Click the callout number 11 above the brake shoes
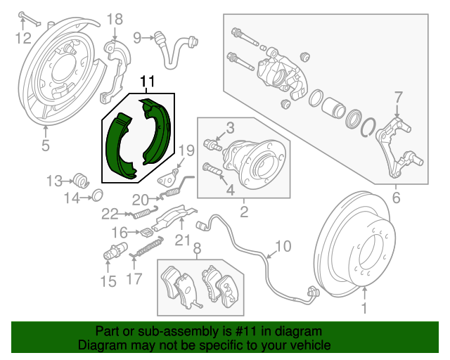tap(147, 82)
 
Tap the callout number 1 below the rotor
tap(364, 307)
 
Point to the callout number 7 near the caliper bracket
tap(397, 96)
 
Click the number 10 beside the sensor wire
tap(282, 246)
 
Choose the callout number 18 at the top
tap(114, 19)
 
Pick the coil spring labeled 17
tap(146, 247)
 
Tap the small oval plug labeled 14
tap(98, 194)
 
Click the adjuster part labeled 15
tap(112, 250)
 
